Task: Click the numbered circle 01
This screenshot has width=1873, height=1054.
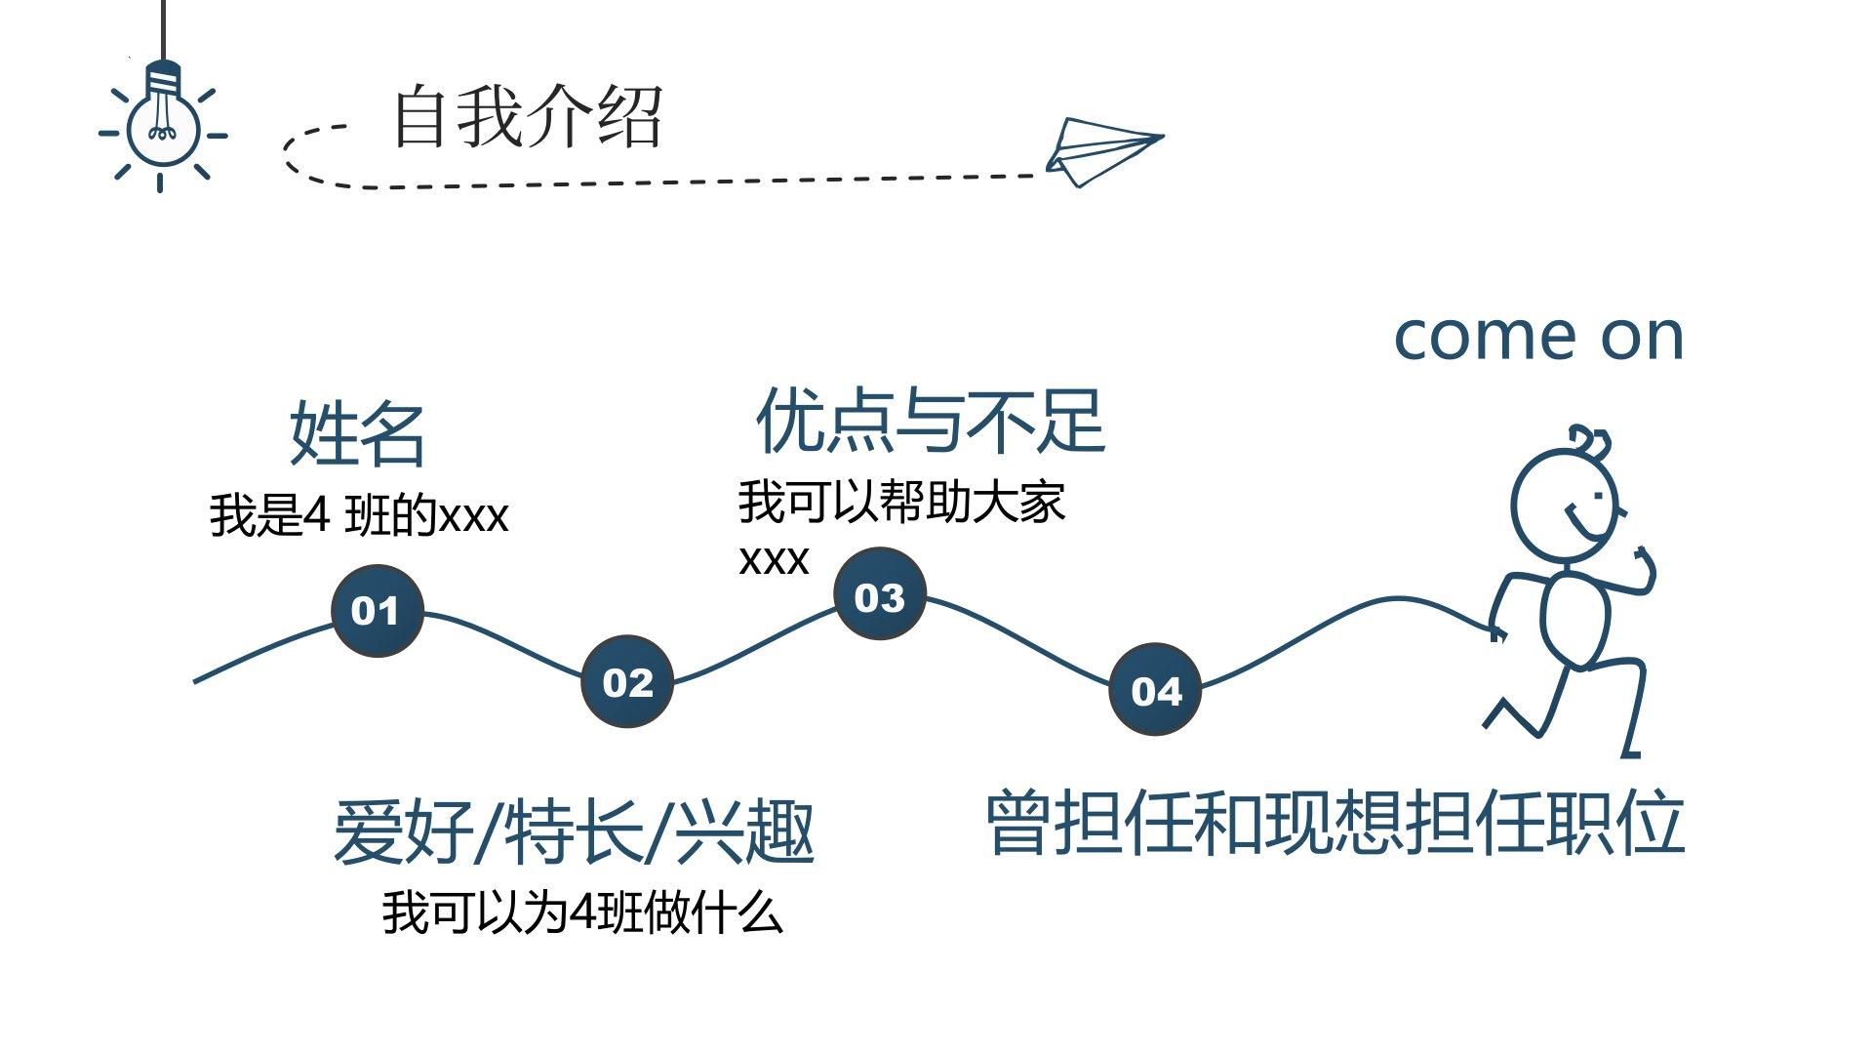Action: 377,611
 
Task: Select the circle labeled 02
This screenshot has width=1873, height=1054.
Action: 626,681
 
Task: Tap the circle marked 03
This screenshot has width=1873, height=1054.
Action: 879,595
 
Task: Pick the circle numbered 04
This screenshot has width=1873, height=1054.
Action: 1155,689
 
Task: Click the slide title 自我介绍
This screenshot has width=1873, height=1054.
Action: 528,117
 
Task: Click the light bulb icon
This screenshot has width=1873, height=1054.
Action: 162,122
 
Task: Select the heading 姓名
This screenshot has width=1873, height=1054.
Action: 357,433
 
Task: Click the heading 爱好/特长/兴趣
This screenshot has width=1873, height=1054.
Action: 574,831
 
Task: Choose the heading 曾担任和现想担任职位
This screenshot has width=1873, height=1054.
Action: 1335,822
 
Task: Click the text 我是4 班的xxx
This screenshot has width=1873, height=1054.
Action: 359,514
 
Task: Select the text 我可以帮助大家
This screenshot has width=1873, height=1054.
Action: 901,502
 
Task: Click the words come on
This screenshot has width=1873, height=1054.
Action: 1538,336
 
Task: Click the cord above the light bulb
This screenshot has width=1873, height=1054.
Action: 162,29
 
